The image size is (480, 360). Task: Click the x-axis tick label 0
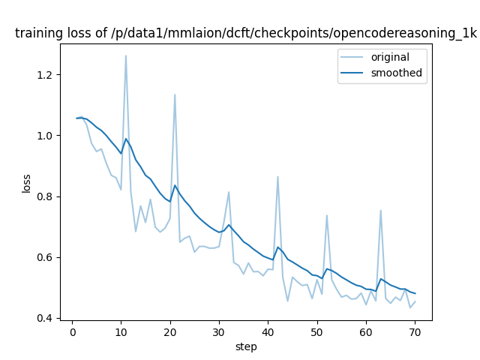(x=72, y=332)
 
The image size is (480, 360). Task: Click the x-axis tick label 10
(x=121, y=332)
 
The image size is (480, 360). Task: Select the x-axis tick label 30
(x=218, y=332)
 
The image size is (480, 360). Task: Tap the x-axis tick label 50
(x=316, y=332)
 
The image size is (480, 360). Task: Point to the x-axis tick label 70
(x=415, y=332)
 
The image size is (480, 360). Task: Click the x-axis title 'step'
(x=246, y=346)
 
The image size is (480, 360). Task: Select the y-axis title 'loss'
(x=26, y=182)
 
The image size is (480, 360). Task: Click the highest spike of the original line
(x=126, y=55)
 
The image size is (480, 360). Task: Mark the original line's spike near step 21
(x=175, y=94)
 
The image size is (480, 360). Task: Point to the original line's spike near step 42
(x=277, y=177)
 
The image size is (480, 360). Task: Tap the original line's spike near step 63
(x=380, y=210)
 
